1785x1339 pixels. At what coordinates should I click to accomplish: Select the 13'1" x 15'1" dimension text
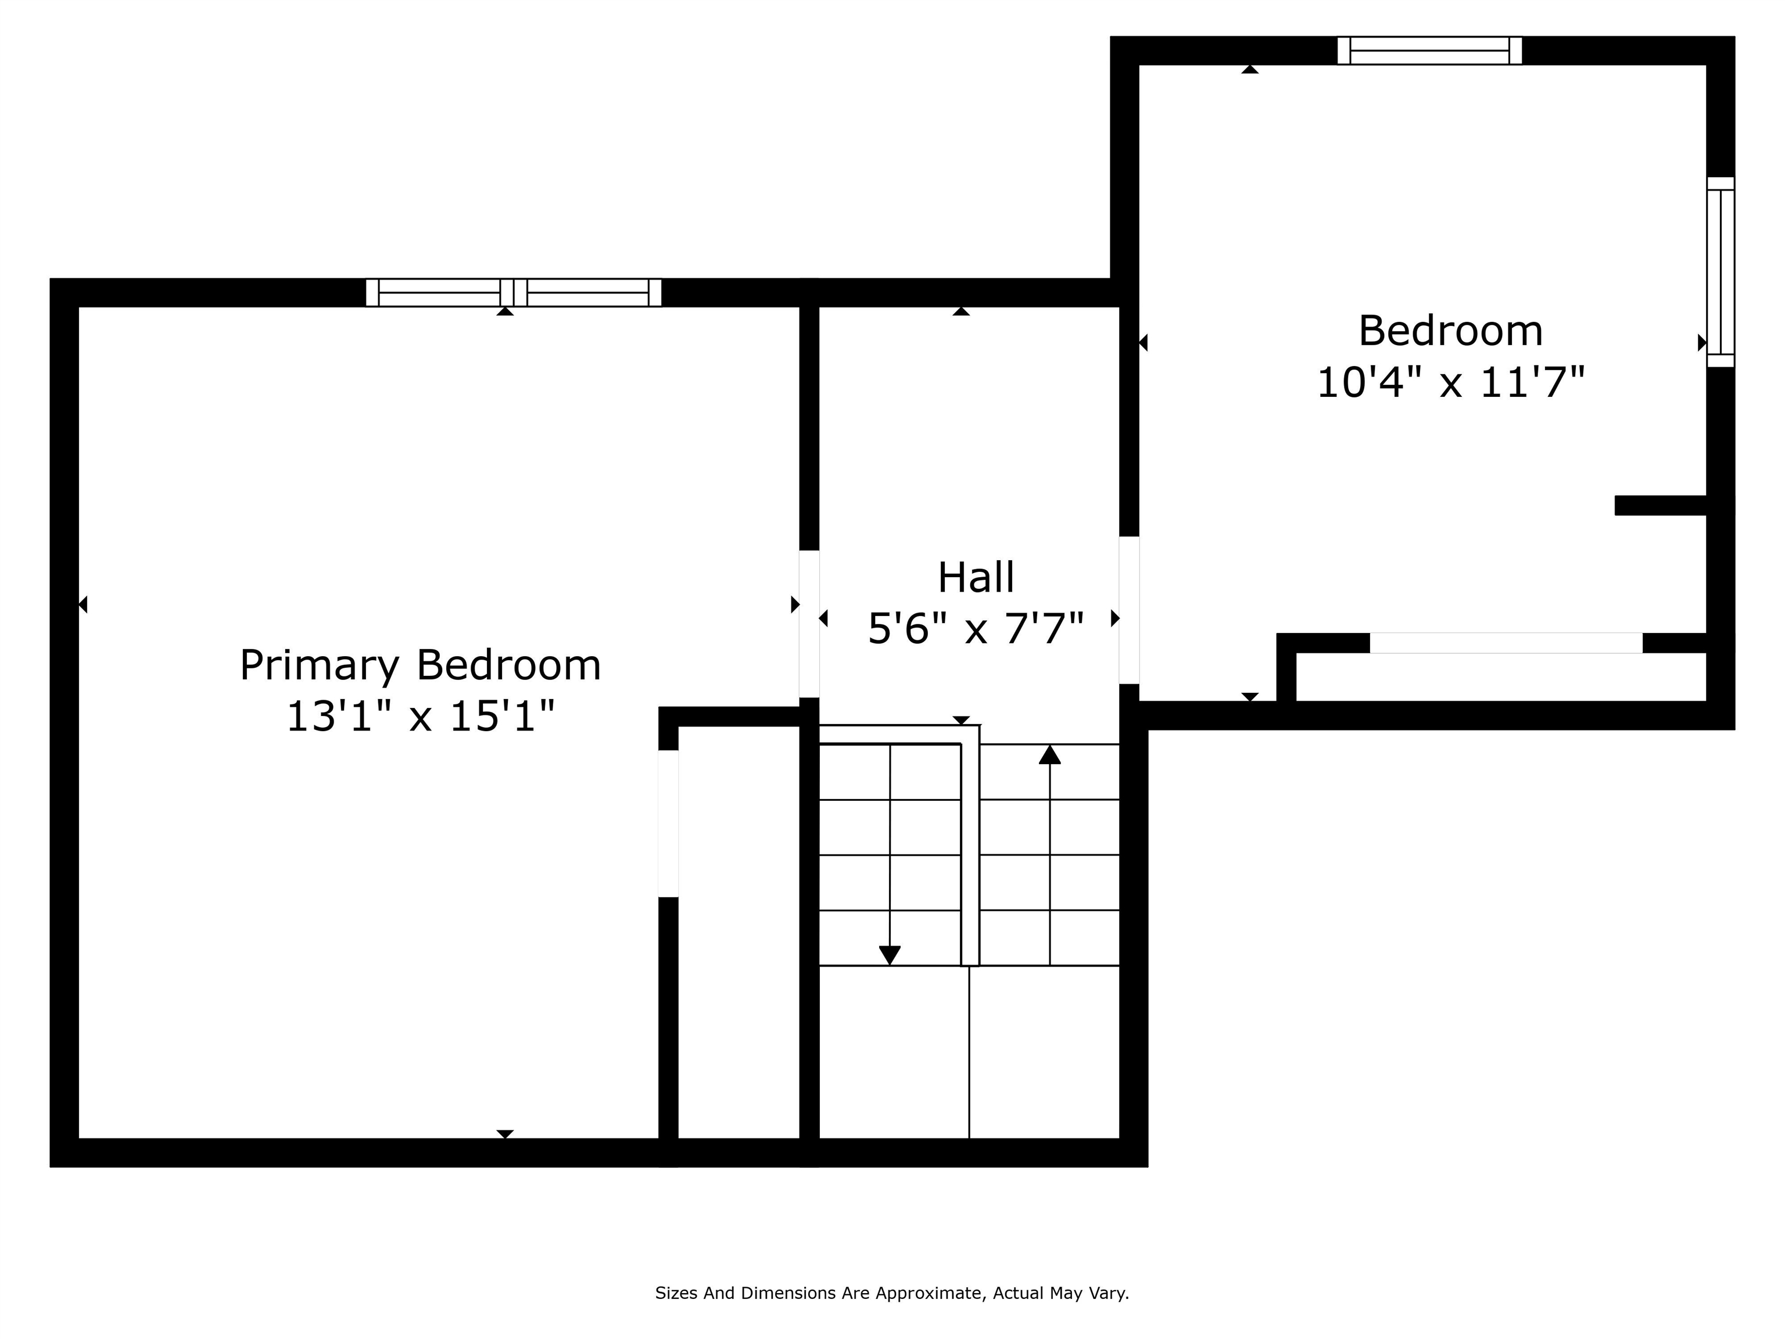[x=421, y=717]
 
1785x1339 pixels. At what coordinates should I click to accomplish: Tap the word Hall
[x=976, y=578]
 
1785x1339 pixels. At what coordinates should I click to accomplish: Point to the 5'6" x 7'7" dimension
[x=976, y=629]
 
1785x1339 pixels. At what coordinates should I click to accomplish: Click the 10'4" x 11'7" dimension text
[x=1450, y=382]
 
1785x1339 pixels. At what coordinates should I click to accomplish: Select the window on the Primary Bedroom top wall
[x=513, y=292]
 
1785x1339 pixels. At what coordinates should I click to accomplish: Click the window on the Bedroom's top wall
[x=1429, y=50]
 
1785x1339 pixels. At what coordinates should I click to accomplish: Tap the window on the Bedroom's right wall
[x=1720, y=272]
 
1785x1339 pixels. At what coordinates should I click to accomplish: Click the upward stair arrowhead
[x=1049, y=755]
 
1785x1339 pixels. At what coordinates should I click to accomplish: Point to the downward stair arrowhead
[x=889, y=955]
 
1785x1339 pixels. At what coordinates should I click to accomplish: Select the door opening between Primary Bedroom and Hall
[x=809, y=624]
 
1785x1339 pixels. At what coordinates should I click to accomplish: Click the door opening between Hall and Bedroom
[x=1129, y=610]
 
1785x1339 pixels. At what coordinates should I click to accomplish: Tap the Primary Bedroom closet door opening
[x=668, y=824]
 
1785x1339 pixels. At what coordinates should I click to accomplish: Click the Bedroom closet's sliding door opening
[x=1506, y=643]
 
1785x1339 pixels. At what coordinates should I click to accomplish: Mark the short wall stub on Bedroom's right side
[x=1661, y=505]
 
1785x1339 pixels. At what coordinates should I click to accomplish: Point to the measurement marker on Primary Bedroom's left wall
[x=83, y=604]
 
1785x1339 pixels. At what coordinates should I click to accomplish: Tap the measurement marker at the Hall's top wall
[x=960, y=312]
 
